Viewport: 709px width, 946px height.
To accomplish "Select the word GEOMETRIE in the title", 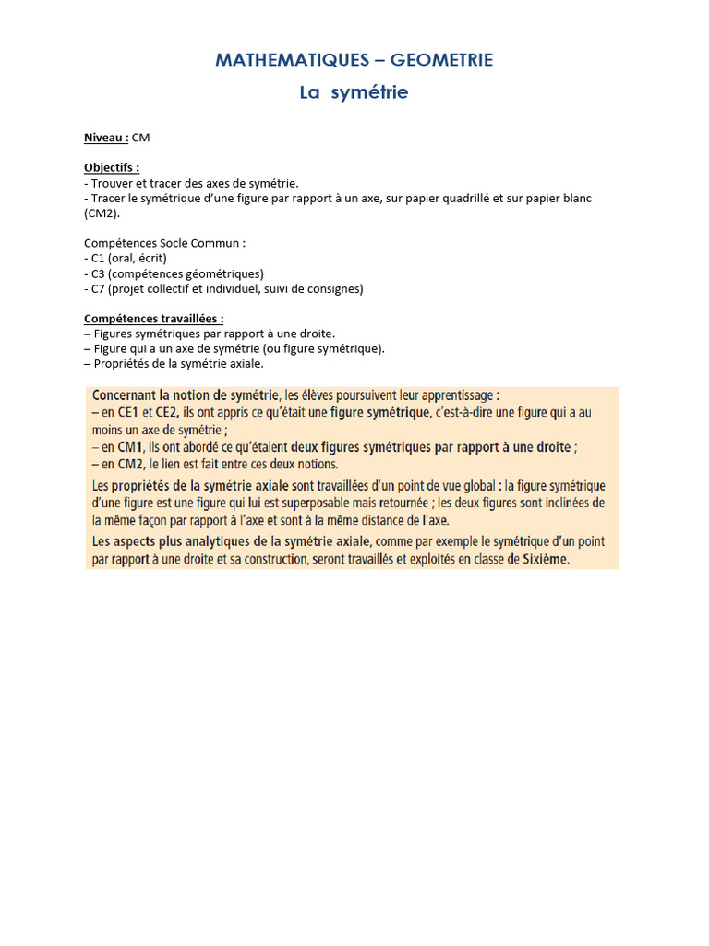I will [442, 60].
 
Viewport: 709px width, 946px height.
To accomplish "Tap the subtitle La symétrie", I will [354, 92].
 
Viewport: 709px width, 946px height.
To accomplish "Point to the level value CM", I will [141, 138].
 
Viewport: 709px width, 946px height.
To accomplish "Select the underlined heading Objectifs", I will [112, 168].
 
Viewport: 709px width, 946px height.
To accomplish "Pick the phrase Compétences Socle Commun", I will [165, 244].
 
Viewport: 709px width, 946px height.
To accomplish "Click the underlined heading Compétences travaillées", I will [154, 319].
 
